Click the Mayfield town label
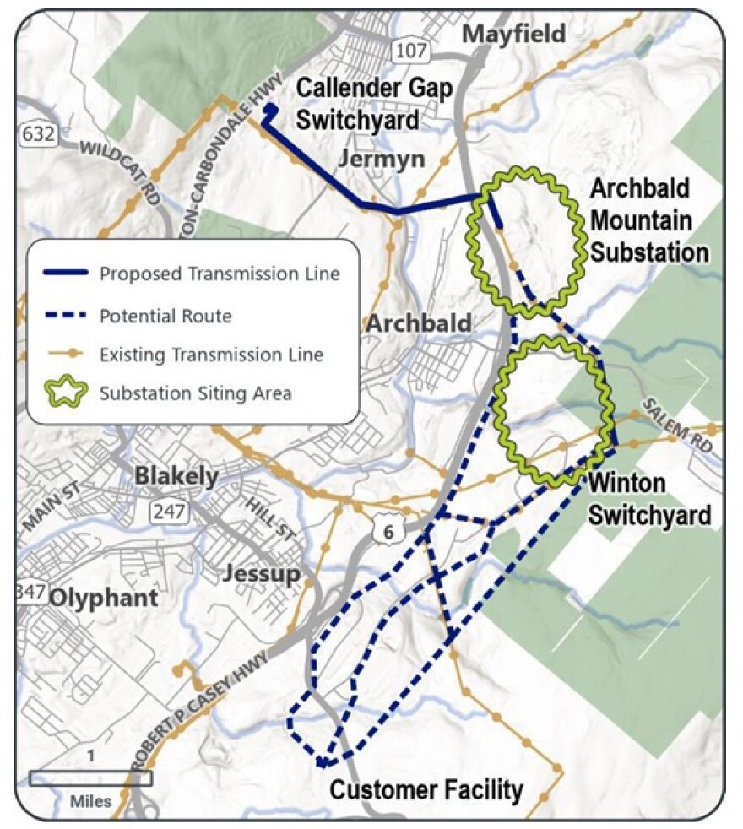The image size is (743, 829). (x=514, y=35)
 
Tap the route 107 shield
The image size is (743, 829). (x=409, y=51)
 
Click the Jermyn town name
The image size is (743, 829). (x=381, y=160)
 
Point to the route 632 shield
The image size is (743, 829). (x=35, y=133)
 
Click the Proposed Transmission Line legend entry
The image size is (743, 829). (x=220, y=274)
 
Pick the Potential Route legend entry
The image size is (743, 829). (x=165, y=316)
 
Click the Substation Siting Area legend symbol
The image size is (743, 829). (x=68, y=393)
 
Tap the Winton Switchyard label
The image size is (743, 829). (x=648, y=499)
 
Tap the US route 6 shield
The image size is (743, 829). (x=388, y=530)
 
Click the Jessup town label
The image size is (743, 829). (x=261, y=575)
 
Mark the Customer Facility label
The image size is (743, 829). (x=426, y=790)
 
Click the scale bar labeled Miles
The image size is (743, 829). (x=90, y=778)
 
